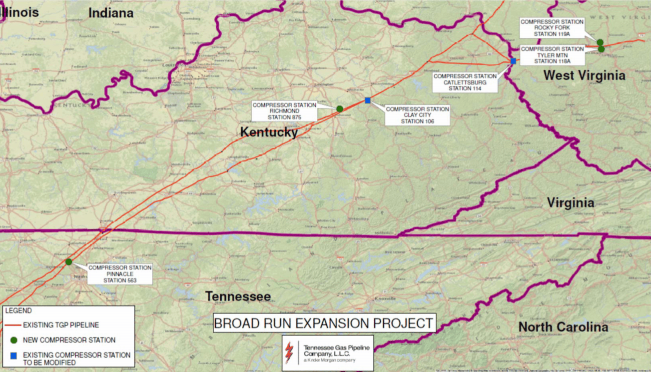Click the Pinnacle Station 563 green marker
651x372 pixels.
click(x=68, y=261)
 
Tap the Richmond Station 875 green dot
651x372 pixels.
click(x=340, y=108)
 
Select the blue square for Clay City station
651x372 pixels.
click(x=368, y=100)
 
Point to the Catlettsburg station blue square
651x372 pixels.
click(x=513, y=61)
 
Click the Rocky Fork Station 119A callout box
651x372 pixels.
click(x=552, y=28)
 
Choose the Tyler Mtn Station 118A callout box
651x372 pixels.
click(x=552, y=55)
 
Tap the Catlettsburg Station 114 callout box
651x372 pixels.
click(x=465, y=82)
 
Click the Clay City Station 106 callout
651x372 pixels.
click(x=417, y=115)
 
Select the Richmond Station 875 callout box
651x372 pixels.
click(x=284, y=111)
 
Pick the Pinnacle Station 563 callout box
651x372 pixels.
click(x=120, y=274)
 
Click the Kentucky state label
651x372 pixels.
click(x=269, y=132)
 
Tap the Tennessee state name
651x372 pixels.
click(x=238, y=296)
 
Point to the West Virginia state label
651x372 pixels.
click(x=584, y=75)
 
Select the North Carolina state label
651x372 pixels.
click(x=563, y=327)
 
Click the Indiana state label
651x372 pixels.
click(x=111, y=13)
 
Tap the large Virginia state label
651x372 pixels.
click(x=570, y=202)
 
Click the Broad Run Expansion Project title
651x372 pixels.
click(x=323, y=323)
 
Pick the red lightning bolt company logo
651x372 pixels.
click(x=289, y=352)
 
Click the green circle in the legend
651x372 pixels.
click(x=13, y=340)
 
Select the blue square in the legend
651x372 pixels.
click(x=13, y=355)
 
